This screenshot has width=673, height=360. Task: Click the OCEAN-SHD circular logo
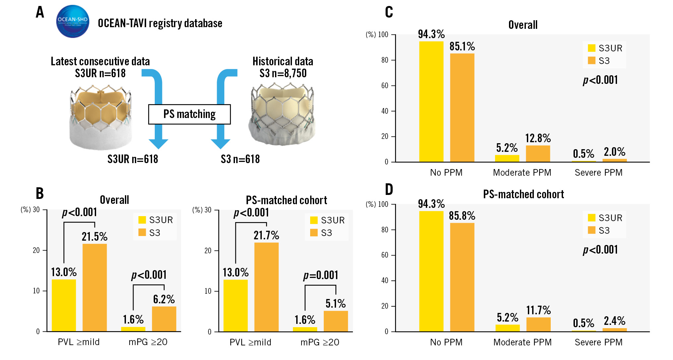tap(73, 21)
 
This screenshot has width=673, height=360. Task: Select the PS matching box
tap(189, 114)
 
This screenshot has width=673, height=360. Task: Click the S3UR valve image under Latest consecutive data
tap(100, 117)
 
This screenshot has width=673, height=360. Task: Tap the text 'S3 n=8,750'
tap(283, 73)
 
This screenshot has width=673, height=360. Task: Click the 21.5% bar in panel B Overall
tap(95, 287)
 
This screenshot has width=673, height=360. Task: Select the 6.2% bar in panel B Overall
tap(164, 319)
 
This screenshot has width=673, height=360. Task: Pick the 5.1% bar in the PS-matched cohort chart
tap(336, 321)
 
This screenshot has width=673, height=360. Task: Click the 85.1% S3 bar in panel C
tap(462, 107)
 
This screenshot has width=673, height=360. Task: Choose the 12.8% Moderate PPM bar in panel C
tap(538, 153)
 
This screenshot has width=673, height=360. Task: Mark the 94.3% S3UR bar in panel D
tap(431, 271)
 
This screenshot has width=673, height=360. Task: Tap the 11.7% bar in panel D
tap(538, 324)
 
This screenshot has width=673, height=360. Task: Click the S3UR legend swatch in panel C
tap(591, 48)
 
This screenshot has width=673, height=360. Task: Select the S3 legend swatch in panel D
tap(591, 230)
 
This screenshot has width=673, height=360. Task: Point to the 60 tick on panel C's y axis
tap(385, 86)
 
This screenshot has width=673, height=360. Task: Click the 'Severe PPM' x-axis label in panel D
tap(598, 342)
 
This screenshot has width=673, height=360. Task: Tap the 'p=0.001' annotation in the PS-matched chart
tap(321, 275)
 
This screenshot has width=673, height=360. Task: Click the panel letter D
tap(389, 190)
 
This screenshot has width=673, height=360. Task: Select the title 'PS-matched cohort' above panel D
tap(524, 194)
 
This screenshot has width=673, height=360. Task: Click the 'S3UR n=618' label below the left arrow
tap(133, 159)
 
